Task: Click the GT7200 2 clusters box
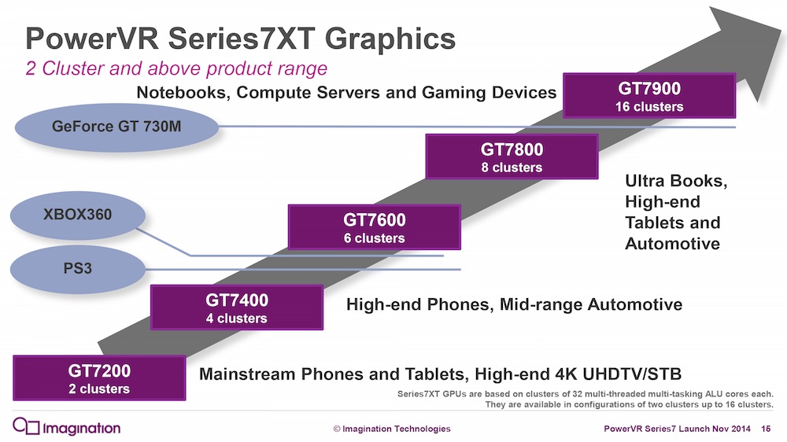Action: point(99,378)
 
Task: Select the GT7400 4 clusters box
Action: point(236,308)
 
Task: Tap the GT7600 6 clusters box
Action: point(374,227)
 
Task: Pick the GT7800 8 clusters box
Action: point(512,157)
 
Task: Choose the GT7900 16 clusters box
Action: point(649,95)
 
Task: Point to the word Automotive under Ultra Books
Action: point(672,244)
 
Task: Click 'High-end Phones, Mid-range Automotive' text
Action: point(514,304)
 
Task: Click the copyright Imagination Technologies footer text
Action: point(391,429)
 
